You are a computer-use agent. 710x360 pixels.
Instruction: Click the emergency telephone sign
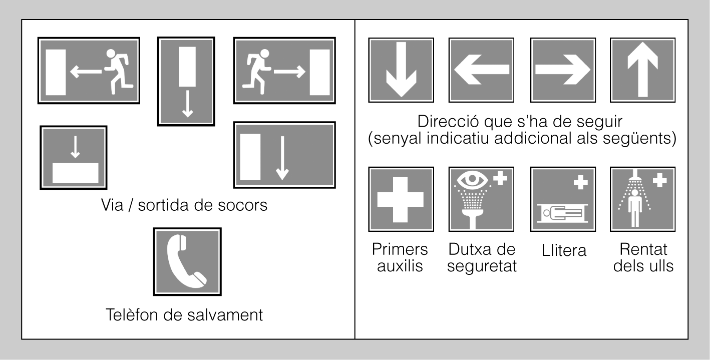point(187,262)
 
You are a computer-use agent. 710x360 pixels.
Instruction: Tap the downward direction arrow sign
point(401,70)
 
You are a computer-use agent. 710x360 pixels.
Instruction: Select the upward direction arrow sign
point(642,70)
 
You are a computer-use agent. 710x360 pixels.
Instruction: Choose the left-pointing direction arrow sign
point(481,70)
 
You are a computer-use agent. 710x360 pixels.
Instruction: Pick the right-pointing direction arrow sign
point(563,70)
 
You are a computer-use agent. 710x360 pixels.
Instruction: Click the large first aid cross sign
point(401,199)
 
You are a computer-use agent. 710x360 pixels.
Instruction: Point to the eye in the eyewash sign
point(472,179)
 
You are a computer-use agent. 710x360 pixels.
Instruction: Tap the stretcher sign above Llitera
point(563,199)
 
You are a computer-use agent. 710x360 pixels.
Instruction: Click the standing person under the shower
point(634,208)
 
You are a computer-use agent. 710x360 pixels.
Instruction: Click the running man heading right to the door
point(257,71)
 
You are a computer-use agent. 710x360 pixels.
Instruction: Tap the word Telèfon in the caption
point(132,314)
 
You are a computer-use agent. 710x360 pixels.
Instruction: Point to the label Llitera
point(564,250)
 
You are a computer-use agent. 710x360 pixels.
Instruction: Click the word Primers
point(400,249)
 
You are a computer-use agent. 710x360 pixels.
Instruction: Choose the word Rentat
point(643,249)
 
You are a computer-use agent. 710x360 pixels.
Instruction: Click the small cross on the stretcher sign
point(581,183)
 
